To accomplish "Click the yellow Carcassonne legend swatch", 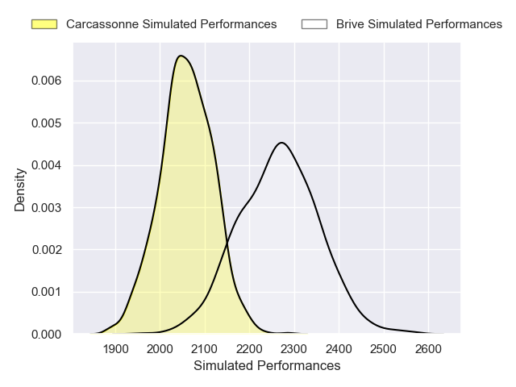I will (x=44, y=24).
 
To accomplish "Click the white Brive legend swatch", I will (x=314, y=24).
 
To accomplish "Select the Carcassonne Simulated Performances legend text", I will (x=171, y=24).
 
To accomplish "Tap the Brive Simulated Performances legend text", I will (x=419, y=24).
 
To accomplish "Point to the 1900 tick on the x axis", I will (x=116, y=349).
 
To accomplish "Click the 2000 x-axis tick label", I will (x=160, y=349).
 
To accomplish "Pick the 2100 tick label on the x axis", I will (x=206, y=349).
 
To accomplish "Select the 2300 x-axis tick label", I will (x=294, y=349).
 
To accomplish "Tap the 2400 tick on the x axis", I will (x=339, y=349).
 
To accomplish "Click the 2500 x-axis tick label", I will (x=384, y=349).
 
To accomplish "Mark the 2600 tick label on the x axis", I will (x=428, y=349).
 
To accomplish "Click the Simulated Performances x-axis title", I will (x=267, y=366).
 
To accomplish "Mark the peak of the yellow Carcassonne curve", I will (x=181, y=56).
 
